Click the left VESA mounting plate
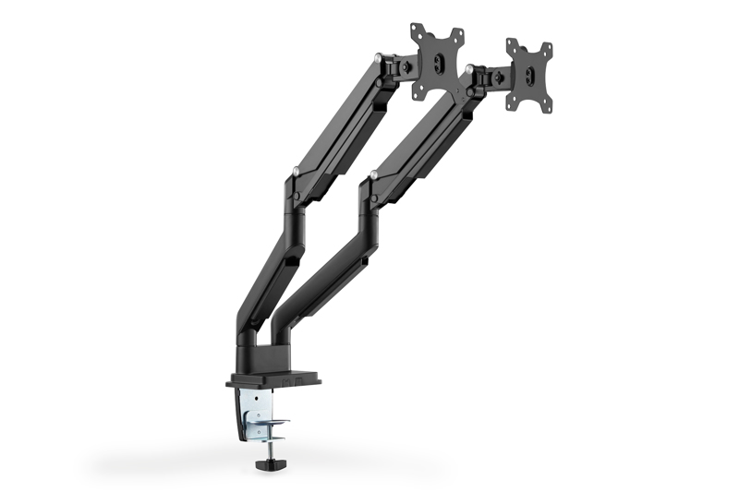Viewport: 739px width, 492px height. (437, 58)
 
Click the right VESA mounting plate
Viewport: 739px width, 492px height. (527, 75)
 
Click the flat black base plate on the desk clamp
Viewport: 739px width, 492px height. (273, 378)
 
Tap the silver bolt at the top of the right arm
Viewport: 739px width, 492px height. (469, 68)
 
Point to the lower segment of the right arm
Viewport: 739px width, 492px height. (323, 268)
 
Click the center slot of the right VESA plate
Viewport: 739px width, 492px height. (528, 77)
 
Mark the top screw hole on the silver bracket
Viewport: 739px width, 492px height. (250, 396)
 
